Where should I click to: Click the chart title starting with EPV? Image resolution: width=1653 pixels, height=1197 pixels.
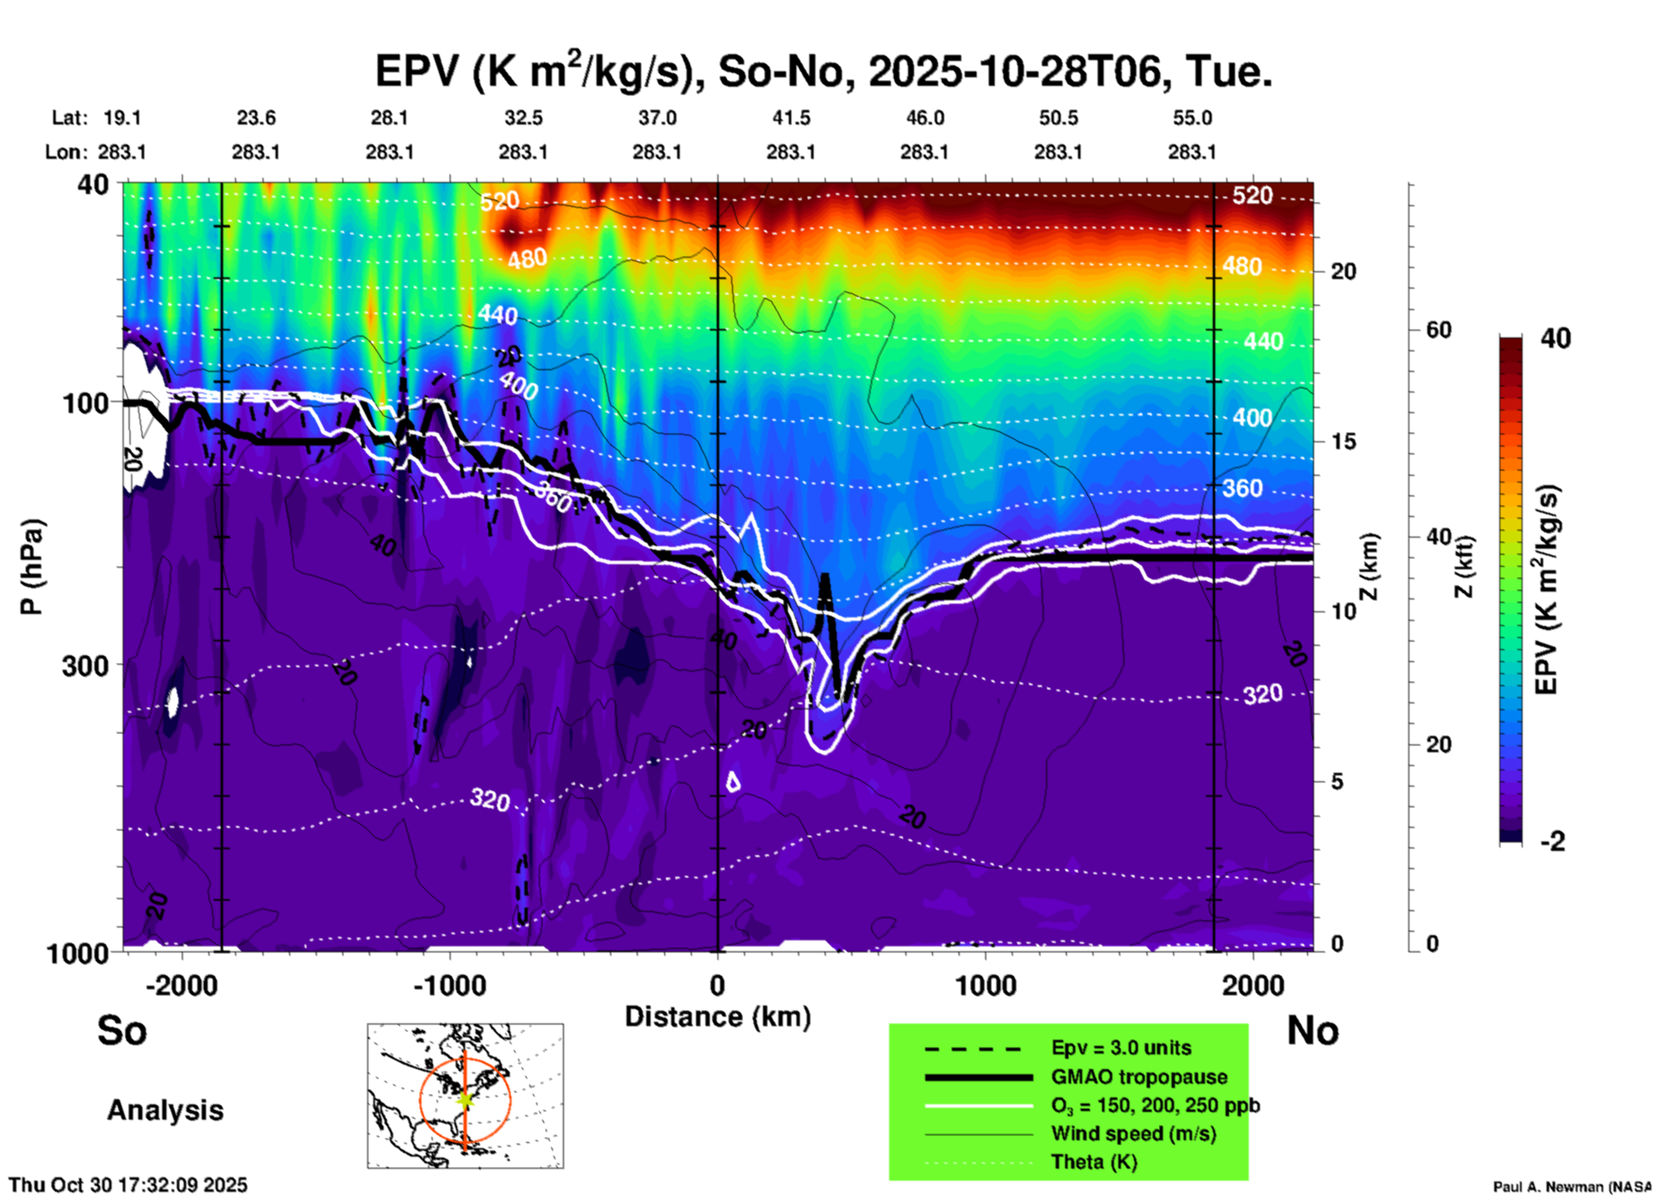tap(824, 70)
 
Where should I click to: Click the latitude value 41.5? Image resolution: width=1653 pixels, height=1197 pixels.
tap(790, 118)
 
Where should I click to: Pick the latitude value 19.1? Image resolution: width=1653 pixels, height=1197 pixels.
tap(122, 118)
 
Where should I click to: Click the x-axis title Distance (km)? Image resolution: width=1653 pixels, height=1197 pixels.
tap(718, 1017)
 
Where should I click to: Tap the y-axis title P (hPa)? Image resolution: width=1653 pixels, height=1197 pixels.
tap(31, 567)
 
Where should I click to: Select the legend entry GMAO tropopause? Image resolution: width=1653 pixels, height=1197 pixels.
tap(1139, 1077)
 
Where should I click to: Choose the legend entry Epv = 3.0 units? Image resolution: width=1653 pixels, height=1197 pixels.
tap(1121, 1048)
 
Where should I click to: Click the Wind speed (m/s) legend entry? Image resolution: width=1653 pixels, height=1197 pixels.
tap(1133, 1133)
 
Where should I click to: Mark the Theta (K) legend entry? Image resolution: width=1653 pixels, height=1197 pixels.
tap(1094, 1162)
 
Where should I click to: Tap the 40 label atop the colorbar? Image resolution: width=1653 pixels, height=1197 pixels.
tap(1555, 338)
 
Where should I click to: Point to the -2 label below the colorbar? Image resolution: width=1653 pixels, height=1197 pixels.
tap(1553, 841)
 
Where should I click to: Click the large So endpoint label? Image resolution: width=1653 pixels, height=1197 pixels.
tap(122, 1030)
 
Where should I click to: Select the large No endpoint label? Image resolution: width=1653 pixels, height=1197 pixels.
tap(1313, 1030)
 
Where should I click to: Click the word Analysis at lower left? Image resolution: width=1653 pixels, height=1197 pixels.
tap(165, 1110)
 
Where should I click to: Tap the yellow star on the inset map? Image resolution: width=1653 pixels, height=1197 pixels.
tap(464, 1098)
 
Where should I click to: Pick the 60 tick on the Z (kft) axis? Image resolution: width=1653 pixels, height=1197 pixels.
tap(1438, 330)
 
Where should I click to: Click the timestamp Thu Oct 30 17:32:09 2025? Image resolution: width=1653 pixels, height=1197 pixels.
tap(128, 1185)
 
